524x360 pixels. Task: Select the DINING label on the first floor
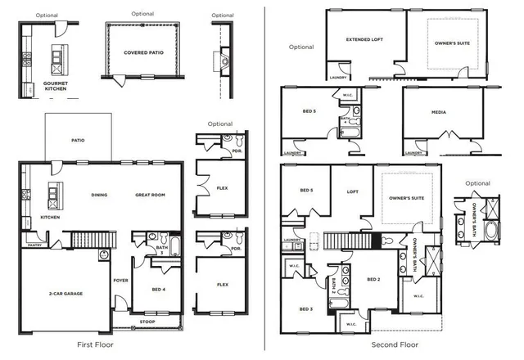[99, 195]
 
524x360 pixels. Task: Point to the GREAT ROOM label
[151, 195]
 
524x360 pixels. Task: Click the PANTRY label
[34, 245]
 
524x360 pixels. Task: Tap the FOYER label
[120, 280]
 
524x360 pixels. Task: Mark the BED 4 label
[159, 289]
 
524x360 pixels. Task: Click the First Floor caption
[97, 345]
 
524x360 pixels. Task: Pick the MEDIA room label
[438, 112]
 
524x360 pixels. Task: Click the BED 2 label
[373, 279]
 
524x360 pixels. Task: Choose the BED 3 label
[305, 308]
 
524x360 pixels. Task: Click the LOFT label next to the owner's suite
[352, 191]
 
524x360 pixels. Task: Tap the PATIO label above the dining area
[79, 140]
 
